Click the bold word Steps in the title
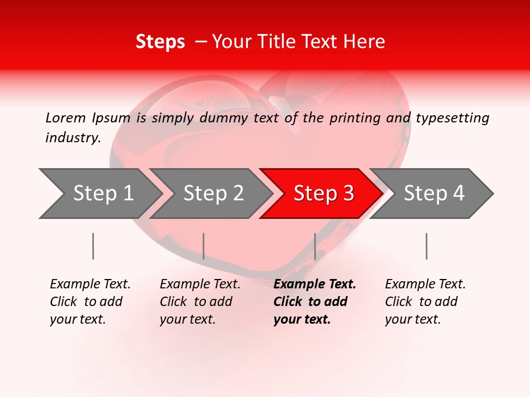[x=160, y=42]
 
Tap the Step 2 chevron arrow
[x=212, y=194]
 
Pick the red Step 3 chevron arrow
[x=322, y=194]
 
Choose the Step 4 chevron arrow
[x=433, y=194]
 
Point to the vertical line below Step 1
[x=93, y=246]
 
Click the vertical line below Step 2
[x=203, y=246]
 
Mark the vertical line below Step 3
[x=315, y=246]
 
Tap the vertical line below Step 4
[x=426, y=246]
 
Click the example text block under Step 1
[x=90, y=302]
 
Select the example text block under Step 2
[x=200, y=302]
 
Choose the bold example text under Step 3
[x=315, y=302]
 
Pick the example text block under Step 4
[x=425, y=302]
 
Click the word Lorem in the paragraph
[x=66, y=118]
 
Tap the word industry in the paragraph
[x=72, y=138]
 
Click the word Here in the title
[x=367, y=42]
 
